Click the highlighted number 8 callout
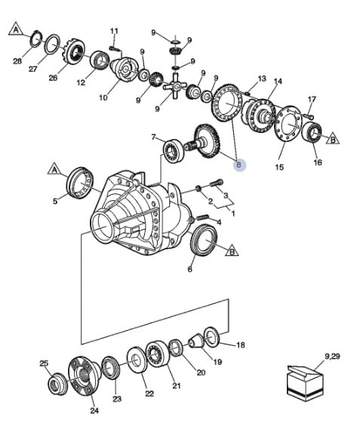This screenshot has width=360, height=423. (238, 165)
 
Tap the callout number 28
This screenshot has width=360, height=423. (17, 61)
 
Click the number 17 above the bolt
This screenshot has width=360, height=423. (312, 99)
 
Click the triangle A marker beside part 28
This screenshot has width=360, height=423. (17, 29)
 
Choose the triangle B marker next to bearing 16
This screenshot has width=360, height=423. (332, 139)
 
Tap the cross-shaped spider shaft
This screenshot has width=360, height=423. (175, 86)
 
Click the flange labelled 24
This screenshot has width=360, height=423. (84, 376)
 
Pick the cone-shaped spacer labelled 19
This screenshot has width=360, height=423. (196, 341)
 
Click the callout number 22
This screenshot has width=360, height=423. (149, 394)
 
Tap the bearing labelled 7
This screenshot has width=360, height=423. (174, 150)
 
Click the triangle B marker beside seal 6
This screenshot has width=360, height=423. (232, 250)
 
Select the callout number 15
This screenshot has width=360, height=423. (279, 167)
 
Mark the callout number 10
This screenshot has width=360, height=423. (103, 97)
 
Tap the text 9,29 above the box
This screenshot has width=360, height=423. (332, 357)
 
